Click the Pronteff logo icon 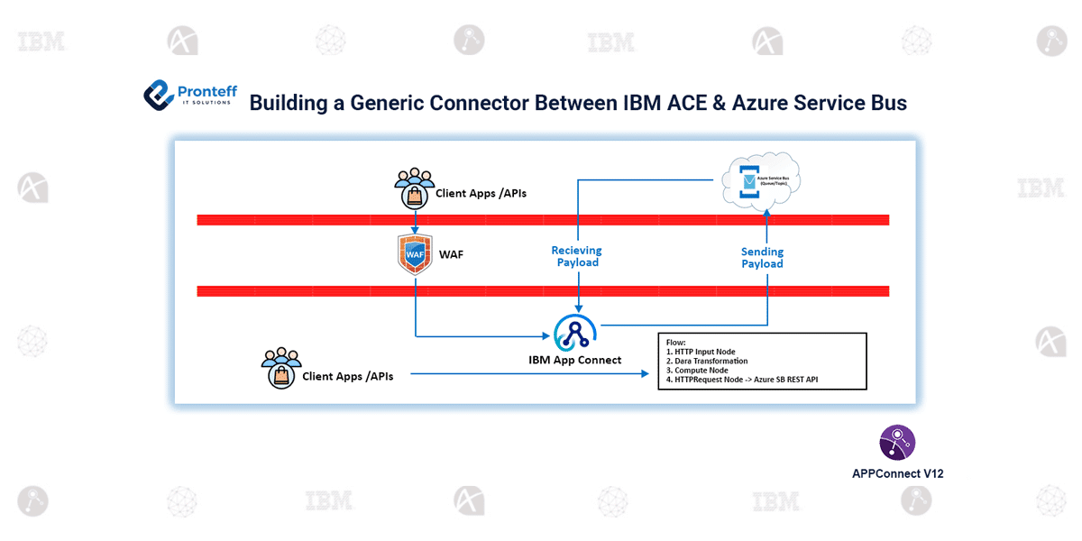pos(159,96)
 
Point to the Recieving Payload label pos(576,257)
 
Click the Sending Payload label pos(762,258)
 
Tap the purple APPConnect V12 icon pos(897,443)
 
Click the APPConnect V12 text pos(897,473)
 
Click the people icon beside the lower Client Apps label pos(280,367)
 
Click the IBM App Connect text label pos(574,360)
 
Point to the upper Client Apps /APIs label pos(481,193)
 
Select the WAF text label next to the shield pos(451,255)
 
